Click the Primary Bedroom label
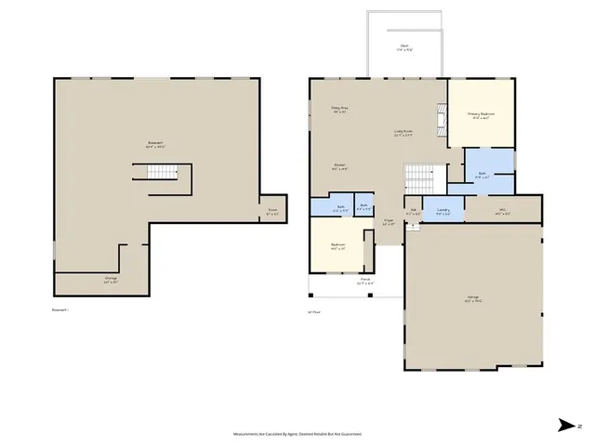(x=481, y=115)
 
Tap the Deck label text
(x=405, y=46)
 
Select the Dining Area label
(x=339, y=110)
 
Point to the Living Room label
(x=402, y=133)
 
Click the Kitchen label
(x=340, y=167)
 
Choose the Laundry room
(x=443, y=211)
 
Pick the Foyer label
(x=389, y=223)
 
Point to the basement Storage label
(x=111, y=280)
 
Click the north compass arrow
(x=567, y=426)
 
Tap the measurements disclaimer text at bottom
(x=297, y=434)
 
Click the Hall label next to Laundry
(x=413, y=212)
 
